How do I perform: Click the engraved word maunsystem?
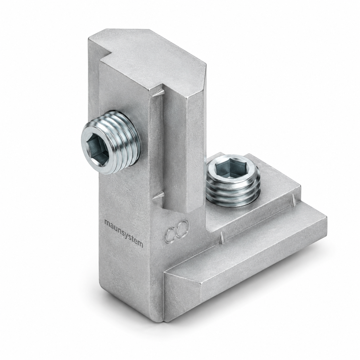124,234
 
